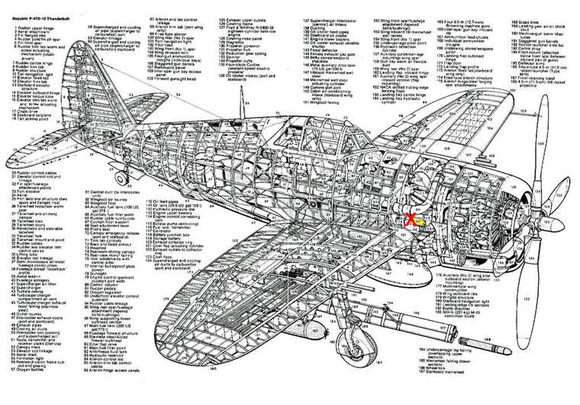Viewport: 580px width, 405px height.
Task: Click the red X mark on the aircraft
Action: point(411,220)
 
